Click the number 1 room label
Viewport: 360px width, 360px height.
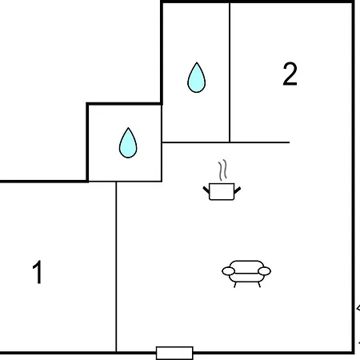pos(38,272)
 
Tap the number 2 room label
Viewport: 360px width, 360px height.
pos(290,74)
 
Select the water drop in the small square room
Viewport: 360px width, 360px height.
pos(128,142)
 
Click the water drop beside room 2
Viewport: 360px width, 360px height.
pos(197,78)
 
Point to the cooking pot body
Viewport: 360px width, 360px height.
pos(222,191)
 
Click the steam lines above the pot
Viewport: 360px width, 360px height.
pos(223,170)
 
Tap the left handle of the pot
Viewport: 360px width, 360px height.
pos(206,190)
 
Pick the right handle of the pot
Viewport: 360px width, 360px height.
pos(238,190)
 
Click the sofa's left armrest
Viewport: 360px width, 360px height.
pos(229,271)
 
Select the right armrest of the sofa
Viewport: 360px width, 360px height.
pos(265,271)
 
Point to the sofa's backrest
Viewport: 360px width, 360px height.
pos(246,266)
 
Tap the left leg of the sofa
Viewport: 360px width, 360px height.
pos(235,285)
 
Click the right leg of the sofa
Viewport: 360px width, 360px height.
pos(258,285)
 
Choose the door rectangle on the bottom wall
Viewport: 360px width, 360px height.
pos(174,353)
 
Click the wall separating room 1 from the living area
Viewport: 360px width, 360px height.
pos(116,266)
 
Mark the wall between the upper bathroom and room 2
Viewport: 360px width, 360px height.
pos(230,73)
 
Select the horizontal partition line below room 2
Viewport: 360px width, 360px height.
pos(226,142)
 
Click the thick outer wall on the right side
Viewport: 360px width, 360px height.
pos(353,178)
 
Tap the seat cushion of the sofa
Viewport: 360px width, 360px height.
pos(246,277)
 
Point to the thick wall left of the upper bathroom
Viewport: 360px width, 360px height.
pos(162,53)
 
